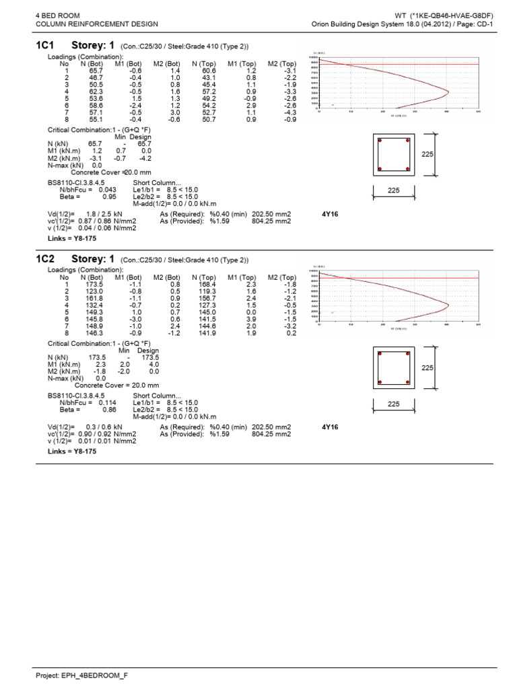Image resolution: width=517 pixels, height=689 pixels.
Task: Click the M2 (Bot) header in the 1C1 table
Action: click(166, 65)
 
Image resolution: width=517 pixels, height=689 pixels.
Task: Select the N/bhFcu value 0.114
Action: click(108, 403)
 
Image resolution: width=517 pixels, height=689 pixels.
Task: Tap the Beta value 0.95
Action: click(108, 197)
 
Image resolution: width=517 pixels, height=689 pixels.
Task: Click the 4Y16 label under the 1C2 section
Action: click(330, 427)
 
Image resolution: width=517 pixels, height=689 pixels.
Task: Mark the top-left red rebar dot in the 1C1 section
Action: click(380, 141)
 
